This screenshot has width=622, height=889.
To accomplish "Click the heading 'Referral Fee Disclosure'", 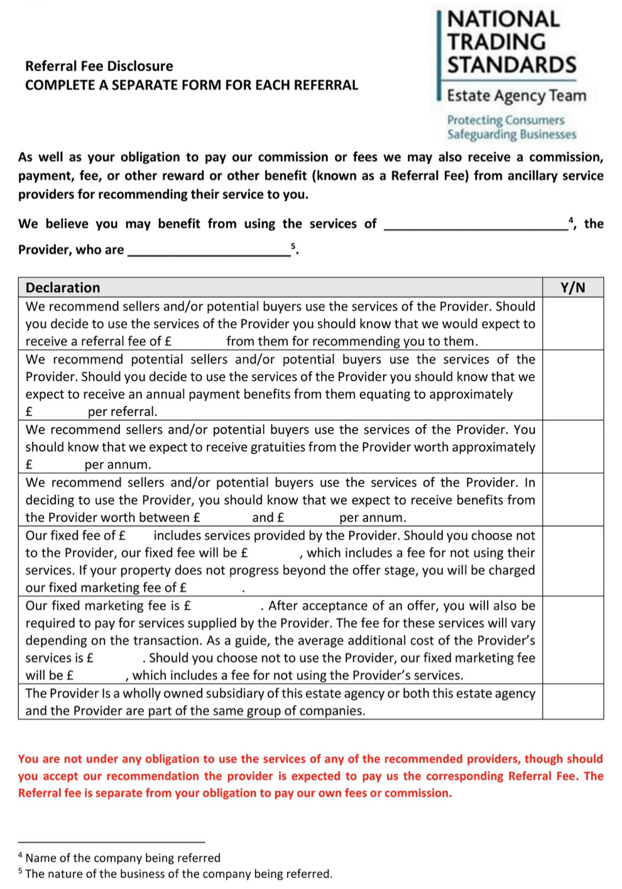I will coord(99,66).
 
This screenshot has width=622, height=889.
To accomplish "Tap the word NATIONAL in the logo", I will coord(503,19).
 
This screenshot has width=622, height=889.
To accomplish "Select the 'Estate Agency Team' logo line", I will coord(516,95).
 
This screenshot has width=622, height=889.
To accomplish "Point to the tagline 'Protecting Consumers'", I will coord(506,120).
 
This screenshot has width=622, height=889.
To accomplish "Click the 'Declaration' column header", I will coord(63,288).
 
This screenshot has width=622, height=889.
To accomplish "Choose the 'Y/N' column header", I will coord(572,288).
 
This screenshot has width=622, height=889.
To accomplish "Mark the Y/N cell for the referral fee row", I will coord(572,323).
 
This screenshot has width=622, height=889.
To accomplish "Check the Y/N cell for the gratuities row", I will coord(572,446).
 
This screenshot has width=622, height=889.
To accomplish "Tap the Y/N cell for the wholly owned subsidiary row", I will coord(572,701).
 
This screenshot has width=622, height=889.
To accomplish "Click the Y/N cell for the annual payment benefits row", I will coord(572,385).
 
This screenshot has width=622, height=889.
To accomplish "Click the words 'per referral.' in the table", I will coord(123,412).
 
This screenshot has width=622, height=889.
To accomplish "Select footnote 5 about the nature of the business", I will coord(175,873).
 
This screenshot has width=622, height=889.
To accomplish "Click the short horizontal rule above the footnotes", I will coord(111,841).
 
